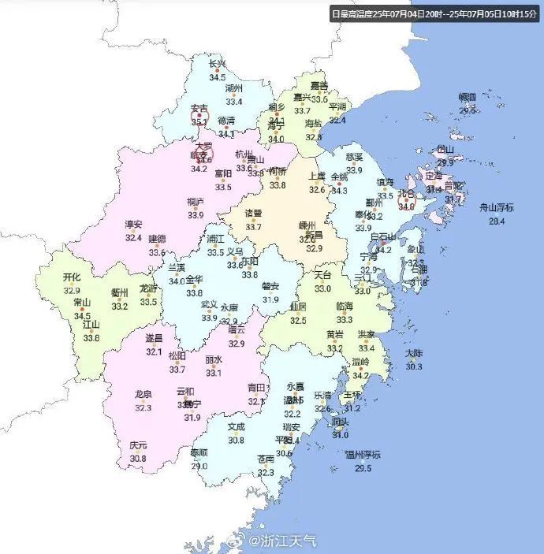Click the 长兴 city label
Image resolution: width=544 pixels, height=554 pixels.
click(217, 64)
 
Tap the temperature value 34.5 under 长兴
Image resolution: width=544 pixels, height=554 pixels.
click(217, 77)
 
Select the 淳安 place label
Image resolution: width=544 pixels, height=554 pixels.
click(133, 224)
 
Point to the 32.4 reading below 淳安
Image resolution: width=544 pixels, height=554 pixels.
click(133, 237)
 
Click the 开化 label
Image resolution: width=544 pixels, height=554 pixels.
click(72, 277)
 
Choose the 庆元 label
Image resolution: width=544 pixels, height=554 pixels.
click(138, 445)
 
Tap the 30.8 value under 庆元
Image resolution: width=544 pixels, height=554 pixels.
click(138, 459)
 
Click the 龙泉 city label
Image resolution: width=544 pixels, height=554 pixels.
click(143, 394)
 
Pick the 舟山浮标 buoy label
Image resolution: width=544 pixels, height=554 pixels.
click(497, 208)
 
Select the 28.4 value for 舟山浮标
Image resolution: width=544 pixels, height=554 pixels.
click(497, 221)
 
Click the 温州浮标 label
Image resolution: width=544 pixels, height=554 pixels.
click(363, 455)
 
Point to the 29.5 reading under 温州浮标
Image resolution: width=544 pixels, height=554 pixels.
click(363, 469)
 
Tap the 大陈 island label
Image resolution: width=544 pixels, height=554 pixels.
click(414, 353)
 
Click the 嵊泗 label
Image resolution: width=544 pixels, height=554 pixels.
click(468, 98)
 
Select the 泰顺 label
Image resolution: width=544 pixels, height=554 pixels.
click(199, 452)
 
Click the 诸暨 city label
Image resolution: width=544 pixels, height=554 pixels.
click(253, 214)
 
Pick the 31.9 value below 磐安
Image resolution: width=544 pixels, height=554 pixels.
click(270, 299)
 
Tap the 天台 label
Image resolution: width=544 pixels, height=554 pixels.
click(323, 276)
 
